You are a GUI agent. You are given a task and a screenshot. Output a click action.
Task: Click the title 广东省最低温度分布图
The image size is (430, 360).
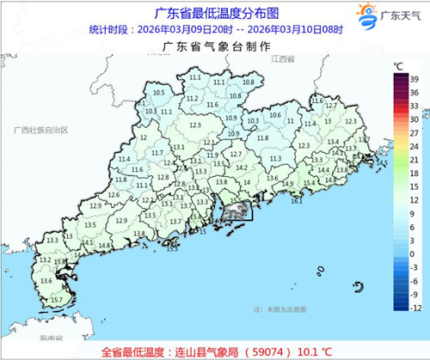click(x=215, y=12)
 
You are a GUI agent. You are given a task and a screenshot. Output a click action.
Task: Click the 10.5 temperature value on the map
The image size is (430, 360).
click(x=158, y=93)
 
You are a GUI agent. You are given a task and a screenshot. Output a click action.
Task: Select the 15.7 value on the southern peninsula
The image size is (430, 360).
click(x=57, y=299)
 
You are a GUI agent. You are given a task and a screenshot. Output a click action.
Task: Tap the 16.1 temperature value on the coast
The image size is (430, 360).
click(x=296, y=200)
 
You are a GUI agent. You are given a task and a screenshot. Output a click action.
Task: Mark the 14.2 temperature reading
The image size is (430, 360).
click(x=243, y=168)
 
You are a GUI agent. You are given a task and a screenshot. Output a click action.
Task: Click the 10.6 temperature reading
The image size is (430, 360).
click(x=276, y=115)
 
